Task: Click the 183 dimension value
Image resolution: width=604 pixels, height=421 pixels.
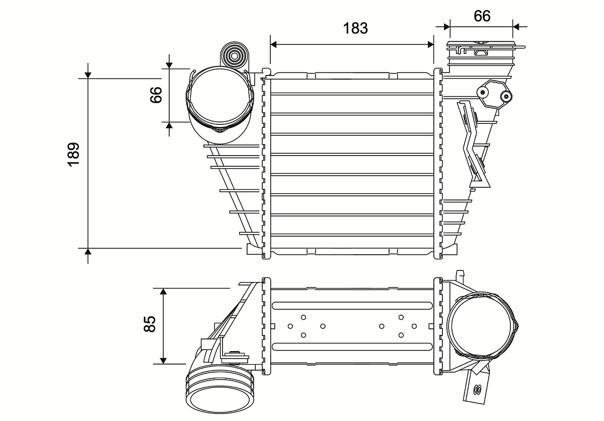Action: [355, 28]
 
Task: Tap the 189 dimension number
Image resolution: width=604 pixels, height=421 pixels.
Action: [73, 155]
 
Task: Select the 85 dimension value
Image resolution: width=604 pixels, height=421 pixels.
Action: [148, 324]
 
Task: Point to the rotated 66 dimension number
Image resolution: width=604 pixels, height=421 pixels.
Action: [156, 95]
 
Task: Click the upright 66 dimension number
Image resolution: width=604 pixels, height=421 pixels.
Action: [482, 16]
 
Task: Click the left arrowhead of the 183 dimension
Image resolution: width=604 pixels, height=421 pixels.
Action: [274, 44]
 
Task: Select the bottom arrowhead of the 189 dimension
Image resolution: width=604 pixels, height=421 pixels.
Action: [88, 252]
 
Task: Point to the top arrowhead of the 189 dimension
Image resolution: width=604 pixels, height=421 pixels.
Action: [88, 75]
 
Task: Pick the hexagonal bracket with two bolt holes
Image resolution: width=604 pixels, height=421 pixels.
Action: [495, 94]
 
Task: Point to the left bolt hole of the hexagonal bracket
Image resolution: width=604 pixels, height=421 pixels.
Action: [483, 92]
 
